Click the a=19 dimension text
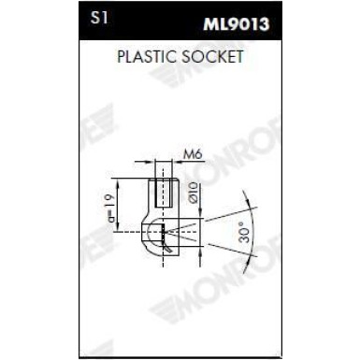pyautogui.click(x=109, y=205)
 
